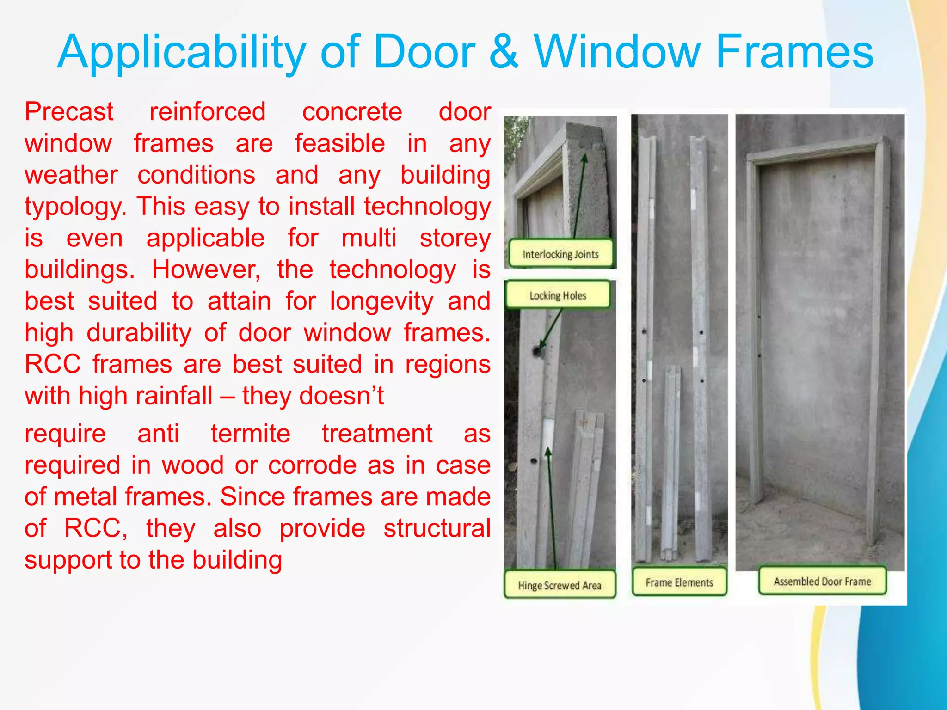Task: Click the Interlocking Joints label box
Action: coord(560,254)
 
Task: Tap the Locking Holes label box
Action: coord(558,295)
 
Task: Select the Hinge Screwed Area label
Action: coord(560,585)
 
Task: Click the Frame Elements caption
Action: coord(679,582)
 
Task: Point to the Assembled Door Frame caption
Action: coord(822,581)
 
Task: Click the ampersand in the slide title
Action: coord(504,52)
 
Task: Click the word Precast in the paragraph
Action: coord(69,112)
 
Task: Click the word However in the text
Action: coord(206,269)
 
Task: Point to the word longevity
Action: coord(381,301)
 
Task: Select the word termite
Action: coord(250,434)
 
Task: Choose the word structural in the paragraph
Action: coord(437,528)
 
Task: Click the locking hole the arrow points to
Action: coord(537,351)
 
